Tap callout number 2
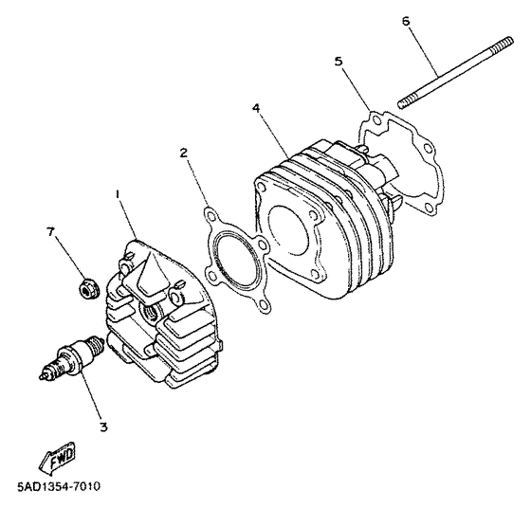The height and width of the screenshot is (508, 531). click(184, 151)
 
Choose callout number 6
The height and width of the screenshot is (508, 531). click(406, 20)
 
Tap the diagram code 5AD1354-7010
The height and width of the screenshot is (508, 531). click(59, 487)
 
